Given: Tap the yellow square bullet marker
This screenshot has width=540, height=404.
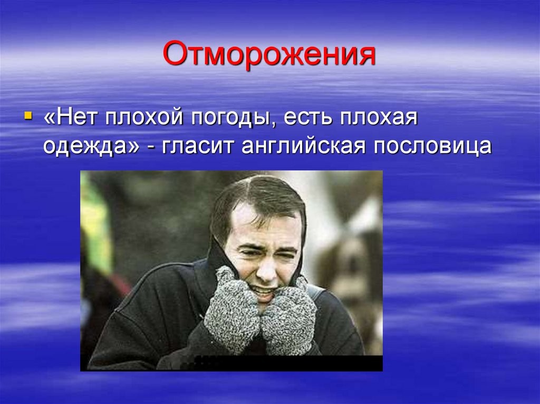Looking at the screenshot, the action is pos(28,115).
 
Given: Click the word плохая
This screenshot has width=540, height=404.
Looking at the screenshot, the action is pos(379,117).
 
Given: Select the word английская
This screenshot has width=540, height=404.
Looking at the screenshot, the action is pos(303,146).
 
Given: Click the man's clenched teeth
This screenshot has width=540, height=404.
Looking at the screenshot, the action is pos(263,290).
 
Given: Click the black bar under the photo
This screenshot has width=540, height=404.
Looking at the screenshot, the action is pos(288,363).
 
